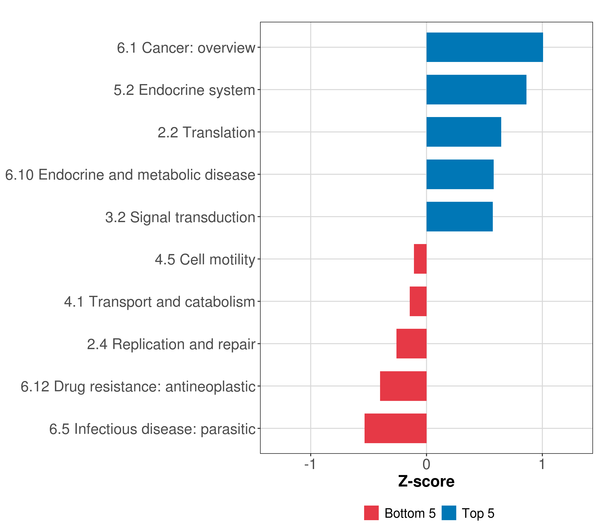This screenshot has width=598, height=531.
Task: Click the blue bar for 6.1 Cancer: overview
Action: pyautogui.click(x=484, y=47)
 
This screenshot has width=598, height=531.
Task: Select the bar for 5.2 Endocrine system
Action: pyautogui.click(x=476, y=90)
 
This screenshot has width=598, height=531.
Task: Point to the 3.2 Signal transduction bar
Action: pyautogui.click(x=459, y=217)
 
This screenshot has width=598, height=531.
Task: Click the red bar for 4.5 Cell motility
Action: pyautogui.click(x=420, y=259)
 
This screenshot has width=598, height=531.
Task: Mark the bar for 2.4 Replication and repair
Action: pyautogui.click(x=411, y=344)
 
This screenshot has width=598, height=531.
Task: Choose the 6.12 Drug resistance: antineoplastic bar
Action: pyautogui.click(x=403, y=386)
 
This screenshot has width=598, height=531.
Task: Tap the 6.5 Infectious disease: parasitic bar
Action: pyautogui.click(x=395, y=428)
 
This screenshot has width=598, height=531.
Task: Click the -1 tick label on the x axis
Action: pyautogui.click(x=310, y=464)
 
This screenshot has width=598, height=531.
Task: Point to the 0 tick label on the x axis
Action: pyautogui.click(x=426, y=464)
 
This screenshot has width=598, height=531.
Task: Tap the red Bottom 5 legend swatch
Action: pyautogui.click(x=371, y=513)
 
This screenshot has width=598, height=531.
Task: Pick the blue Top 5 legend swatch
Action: pyautogui.click(x=449, y=513)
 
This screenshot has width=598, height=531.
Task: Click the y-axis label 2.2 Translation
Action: pyautogui.click(x=206, y=132)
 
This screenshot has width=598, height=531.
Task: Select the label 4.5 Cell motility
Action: pyautogui.click(x=205, y=260)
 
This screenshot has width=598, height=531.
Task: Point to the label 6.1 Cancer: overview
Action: pyautogui.click(x=186, y=48)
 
